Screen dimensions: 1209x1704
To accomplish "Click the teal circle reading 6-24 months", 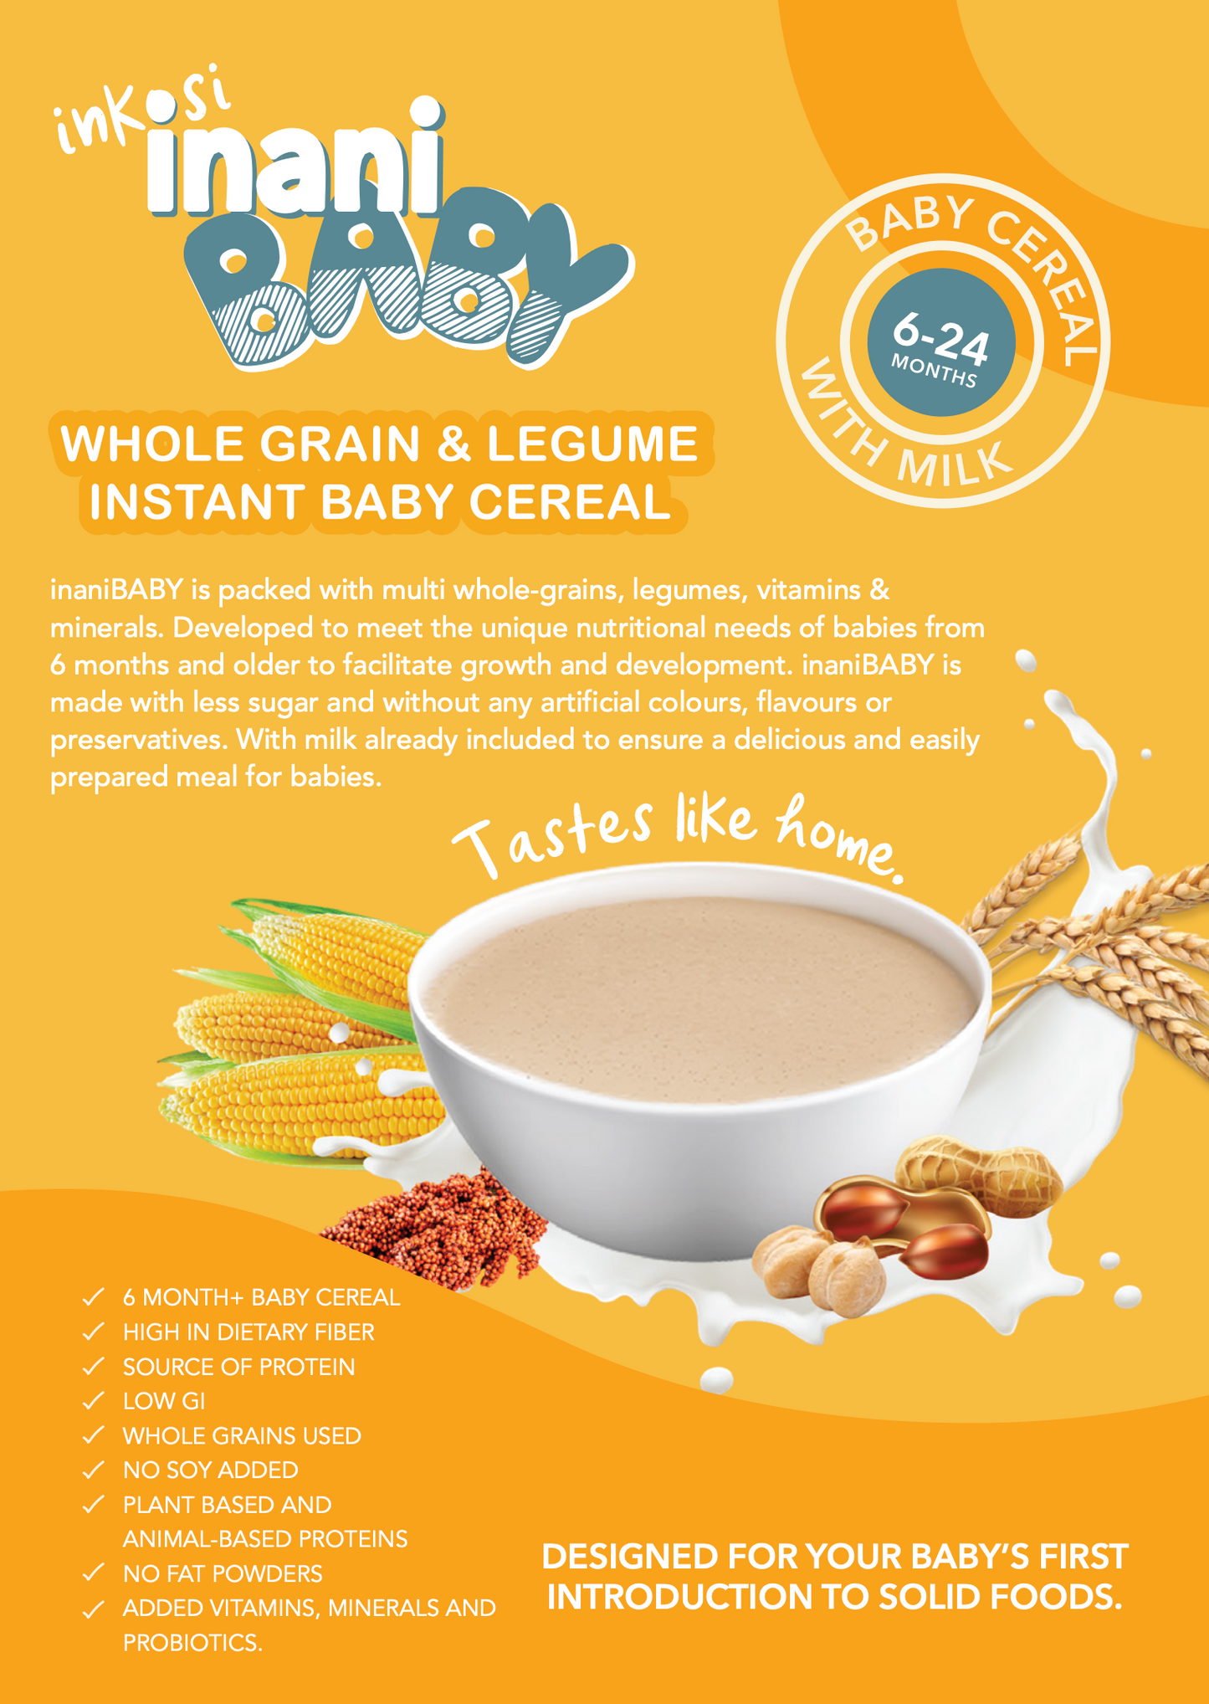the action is pos(941,342).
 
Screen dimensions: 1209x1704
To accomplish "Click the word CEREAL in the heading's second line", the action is pos(570,502).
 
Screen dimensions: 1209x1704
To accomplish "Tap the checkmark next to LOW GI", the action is pos(93,1400).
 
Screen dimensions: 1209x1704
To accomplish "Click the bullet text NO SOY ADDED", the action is pos(211,1470).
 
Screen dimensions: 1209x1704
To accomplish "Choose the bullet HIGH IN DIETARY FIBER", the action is pos(248,1332).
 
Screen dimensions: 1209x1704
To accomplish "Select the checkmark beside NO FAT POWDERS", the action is pos(93,1573).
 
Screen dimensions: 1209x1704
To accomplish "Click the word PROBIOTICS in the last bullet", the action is pos(192,1643).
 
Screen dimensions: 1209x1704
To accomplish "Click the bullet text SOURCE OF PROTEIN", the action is pos(239,1367).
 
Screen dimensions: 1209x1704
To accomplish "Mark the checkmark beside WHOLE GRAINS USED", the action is pos(93,1435).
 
